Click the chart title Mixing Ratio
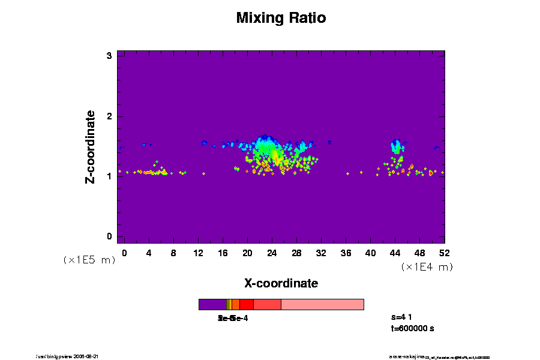click(281, 18)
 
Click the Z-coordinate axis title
click(91, 146)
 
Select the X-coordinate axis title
click(281, 283)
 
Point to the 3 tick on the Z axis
click(110, 56)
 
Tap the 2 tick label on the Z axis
click(110, 116)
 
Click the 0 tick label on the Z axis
click(110, 236)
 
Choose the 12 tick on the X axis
click(198, 253)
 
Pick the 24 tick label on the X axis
click(272, 253)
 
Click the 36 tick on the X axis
click(346, 253)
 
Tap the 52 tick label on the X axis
click(444, 253)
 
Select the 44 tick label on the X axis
click(395, 253)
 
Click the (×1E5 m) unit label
click(89, 260)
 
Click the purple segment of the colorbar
click(212, 304)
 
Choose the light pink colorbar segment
click(322, 304)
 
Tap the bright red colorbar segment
click(246, 304)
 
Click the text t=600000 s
click(412, 328)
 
